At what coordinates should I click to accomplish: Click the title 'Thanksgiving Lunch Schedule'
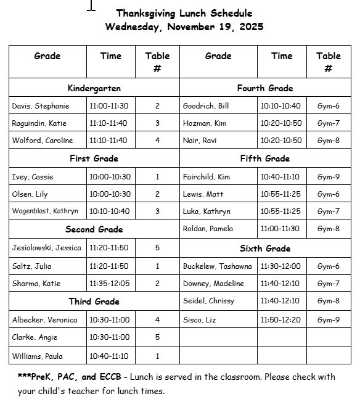tap(184, 13)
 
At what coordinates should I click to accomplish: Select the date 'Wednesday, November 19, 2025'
tap(184, 27)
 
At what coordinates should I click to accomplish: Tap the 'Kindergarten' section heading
tap(94, 88)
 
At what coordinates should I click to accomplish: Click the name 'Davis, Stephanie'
tap(41, 106)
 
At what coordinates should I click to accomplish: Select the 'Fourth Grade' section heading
tap(265, 88)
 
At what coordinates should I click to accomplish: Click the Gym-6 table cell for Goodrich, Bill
tap(328, 106)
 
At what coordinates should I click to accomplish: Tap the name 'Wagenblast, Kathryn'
tap(45, 211)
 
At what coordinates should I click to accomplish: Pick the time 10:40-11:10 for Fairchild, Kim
tap(280, 177)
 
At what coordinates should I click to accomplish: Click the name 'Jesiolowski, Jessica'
tap(46, 248)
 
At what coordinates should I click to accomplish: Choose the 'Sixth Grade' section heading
tap(265, 248)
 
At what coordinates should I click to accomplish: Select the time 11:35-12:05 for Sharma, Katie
tap(110, 284)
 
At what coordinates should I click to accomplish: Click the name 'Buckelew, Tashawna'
tap(217, 266)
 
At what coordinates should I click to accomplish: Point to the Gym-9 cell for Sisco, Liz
tap(328, 320)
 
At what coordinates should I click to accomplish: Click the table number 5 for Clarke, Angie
tap(157, 337)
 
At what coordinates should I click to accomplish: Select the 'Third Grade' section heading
tap(94, 301)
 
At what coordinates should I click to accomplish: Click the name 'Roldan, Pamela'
tap(208, 229)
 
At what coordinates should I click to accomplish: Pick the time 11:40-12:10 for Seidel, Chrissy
tap(280, 301)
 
